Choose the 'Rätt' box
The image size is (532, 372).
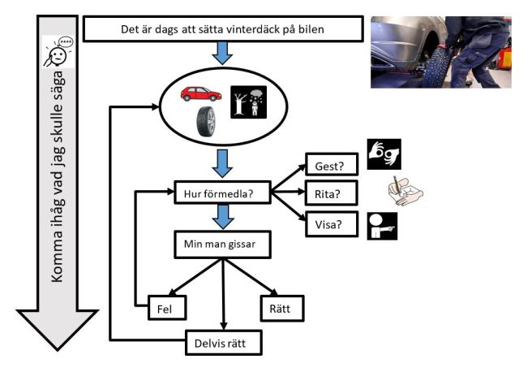point(280,308)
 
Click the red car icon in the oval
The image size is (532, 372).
point(201,93)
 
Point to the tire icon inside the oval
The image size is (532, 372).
point(206,123)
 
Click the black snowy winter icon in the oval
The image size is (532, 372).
point(247,102)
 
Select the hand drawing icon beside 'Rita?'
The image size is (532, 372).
point(403,190)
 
